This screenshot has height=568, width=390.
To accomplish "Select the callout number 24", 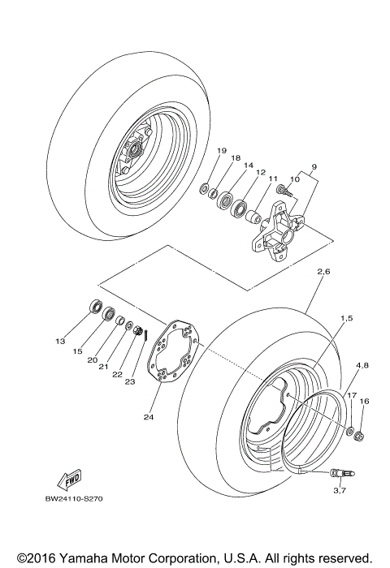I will point(148,418).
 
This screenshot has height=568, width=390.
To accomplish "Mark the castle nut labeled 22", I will point(137,331).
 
